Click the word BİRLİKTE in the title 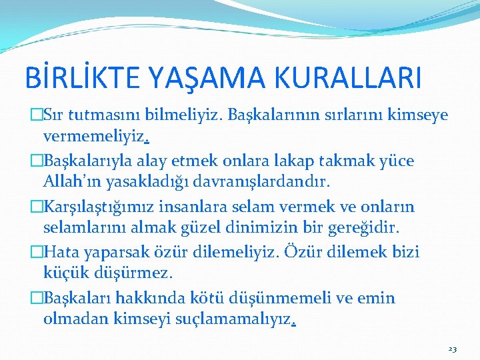click(x=77, y=78)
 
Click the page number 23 click(x=453, y=349)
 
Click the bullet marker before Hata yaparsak click(x=37, y=253)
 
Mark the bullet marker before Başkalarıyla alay click(x=37, y=161)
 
